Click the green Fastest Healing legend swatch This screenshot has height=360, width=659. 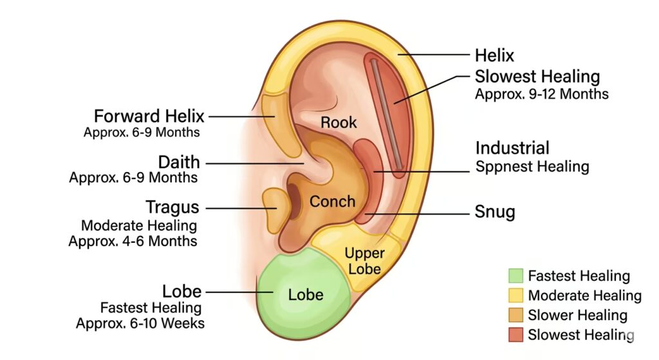515,276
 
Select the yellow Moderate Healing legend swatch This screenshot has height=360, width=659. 515,296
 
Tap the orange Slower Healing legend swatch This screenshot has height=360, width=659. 515,315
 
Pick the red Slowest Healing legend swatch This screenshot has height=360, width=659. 515,334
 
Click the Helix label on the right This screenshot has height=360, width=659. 495,55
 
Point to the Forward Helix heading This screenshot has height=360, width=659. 149,117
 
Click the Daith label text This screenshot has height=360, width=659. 179,162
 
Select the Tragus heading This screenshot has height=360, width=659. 172,208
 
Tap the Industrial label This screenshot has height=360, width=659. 512,147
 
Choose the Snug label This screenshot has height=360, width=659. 495,212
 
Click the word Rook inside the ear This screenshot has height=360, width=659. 339,122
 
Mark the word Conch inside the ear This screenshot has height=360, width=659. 332,202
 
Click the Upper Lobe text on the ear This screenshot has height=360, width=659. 364,260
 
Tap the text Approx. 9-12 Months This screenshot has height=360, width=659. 541,94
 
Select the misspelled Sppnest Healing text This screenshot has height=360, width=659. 532,167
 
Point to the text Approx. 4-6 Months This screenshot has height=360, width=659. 133,242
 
